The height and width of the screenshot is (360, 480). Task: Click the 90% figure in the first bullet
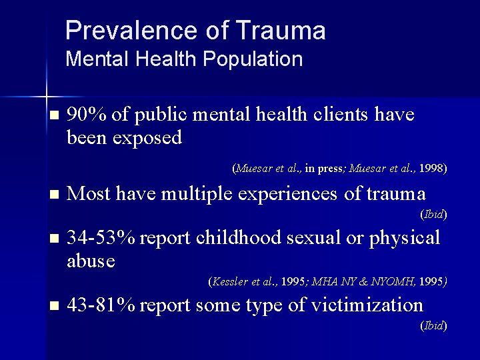coord(88,115)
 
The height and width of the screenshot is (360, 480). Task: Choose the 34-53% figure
coord(101,237)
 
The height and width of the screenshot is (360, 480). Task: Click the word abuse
coord(91,261)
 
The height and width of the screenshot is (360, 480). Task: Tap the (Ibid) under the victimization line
coord(433,325)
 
